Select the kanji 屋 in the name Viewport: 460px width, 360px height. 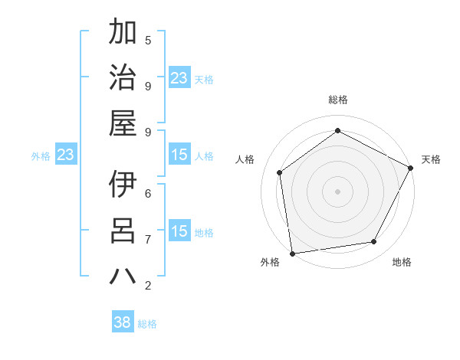(x=122, y=123)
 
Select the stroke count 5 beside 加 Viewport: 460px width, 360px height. (x=148, y=39)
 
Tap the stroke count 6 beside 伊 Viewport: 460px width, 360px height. (x=148, y=192)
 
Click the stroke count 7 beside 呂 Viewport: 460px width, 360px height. (x=148, y=239)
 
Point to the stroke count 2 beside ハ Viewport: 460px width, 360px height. (x=148, y=285)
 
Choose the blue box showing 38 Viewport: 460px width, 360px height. (x=122, y=322)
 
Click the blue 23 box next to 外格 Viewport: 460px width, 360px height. (x=65, y=155)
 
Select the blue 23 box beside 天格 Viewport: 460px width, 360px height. (x=179, y=78)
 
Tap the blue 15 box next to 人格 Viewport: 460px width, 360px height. (x=179, y=155)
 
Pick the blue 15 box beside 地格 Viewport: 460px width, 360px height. (x=179, y=231)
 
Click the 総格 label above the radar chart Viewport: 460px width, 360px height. (x=337, y=100)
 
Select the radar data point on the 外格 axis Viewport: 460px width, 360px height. (x=292, y=253)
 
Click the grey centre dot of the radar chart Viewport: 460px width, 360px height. (x=337, y=191)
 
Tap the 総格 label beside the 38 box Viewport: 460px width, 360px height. (x=147, y=323)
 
